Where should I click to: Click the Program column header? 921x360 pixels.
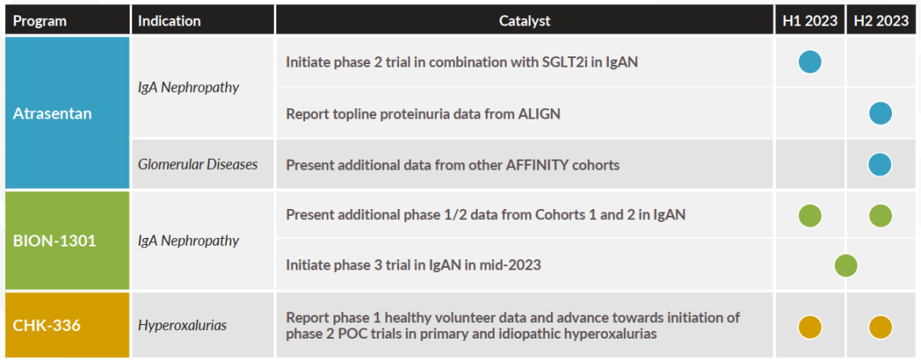pyautogui.click(x=40, y=21)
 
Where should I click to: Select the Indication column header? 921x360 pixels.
pyautogui.click(x=169, y=21)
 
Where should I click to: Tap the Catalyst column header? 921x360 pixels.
pyautogui.click(x=524, y=21)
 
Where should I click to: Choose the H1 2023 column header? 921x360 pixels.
pyautogui.click(x=809, y=21)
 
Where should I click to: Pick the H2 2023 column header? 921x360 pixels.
pyautogui.click(x=881, y=21)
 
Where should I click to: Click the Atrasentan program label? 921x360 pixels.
pyautogui.click(x=52, y=113)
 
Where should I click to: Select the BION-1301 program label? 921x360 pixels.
pyautogui.click(x=54, y=241)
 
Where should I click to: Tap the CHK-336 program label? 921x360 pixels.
pyautogui.click(x=46, y=325)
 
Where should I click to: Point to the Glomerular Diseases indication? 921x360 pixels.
pyautogui.click(x=198, y=165)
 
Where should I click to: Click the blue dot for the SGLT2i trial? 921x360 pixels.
pyautogui.click(x=810, y=61)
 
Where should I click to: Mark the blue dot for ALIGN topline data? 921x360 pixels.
pyautogui.click(x=880, y=113)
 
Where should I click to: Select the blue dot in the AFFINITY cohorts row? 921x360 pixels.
pyautogui.click(x=880, y=165)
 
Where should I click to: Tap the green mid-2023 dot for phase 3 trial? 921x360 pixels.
pyautogui.click(x=846, y=265)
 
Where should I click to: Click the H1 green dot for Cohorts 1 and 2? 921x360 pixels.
pyautogui.click(x=810, y=216)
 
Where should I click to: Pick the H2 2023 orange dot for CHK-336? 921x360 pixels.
pyautogui.click(x=880, y=327)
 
